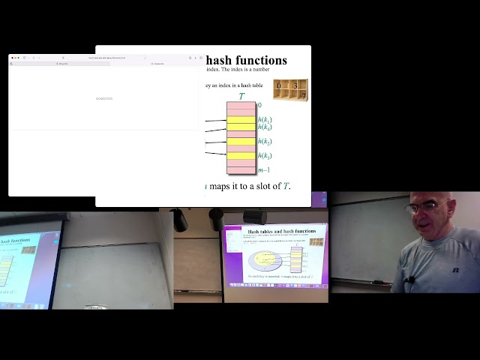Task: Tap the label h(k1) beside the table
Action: coord(265,119)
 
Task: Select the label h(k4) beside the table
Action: coord(265,127)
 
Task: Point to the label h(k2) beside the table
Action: coord(265,141)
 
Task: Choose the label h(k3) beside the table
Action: coord(265,155)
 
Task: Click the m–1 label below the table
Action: coord(263,170)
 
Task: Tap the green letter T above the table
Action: coord(241,96)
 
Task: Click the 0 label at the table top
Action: coord(259,105)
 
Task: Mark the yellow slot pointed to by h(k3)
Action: coord(241,155)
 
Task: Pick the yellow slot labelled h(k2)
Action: coord(241,141)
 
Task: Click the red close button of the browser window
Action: coord(12,58)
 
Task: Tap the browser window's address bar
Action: coord(105,58)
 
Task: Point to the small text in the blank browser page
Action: coord(104,98)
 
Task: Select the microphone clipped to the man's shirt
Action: coord(410,281)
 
